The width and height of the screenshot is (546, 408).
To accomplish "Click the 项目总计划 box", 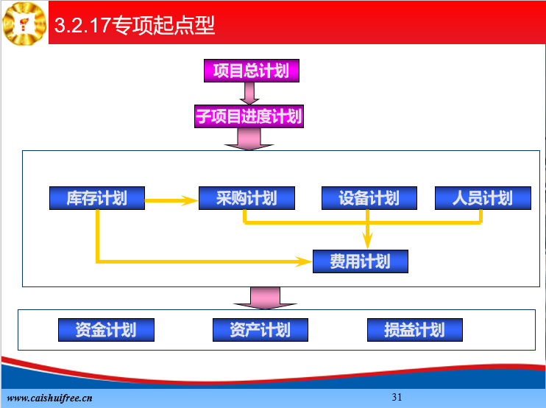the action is click(252, 71).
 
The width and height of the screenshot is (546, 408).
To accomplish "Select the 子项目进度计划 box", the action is click(249, 116).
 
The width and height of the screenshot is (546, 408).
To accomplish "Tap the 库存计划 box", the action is click(97, 198).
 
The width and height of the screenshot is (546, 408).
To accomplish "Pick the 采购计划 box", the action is click(247, 198).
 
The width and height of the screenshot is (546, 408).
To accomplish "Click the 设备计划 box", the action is click(369, 198).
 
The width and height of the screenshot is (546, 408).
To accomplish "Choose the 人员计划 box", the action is click(483, 198).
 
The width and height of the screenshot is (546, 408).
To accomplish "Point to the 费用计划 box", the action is click(361, 261).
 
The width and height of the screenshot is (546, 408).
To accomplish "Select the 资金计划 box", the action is click(106, 330).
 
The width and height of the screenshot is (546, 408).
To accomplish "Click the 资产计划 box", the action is click(260, 330).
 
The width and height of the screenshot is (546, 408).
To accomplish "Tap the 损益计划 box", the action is click(415, 330).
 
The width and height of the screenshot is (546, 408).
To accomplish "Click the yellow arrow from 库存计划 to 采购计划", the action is click(171, 200).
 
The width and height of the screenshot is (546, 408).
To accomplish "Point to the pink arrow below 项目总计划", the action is click(249, 94).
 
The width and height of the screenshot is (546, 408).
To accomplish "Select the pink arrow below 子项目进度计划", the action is click(249, 139).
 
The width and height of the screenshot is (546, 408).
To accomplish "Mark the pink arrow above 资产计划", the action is click(265, 298).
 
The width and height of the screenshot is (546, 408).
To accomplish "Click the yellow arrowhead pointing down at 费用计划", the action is click(367, 240).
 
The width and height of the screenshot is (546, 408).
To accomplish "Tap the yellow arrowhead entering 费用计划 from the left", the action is click(304, 261).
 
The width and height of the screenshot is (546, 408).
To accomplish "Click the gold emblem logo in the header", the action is click(24, 24).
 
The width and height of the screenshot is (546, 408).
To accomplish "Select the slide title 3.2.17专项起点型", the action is click(135, 25).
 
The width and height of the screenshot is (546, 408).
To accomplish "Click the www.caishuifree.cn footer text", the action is click(49, 398).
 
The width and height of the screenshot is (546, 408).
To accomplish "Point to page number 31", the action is click(397, 397).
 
